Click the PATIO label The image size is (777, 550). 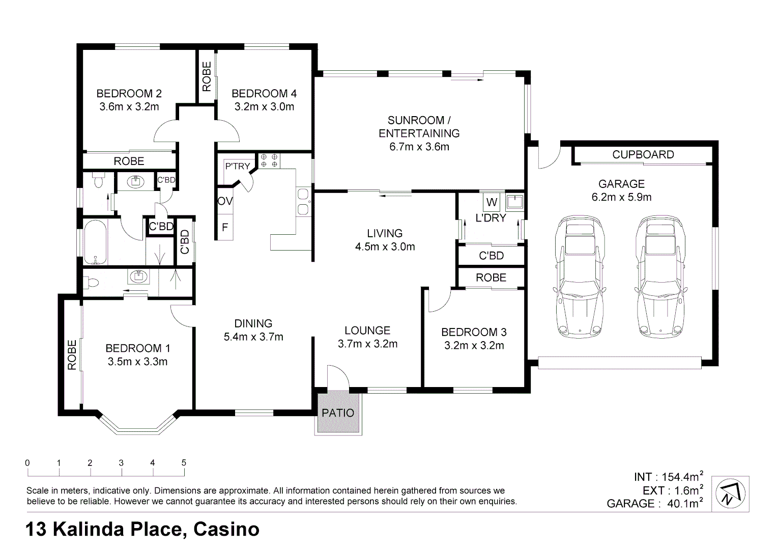[x=338, y=413]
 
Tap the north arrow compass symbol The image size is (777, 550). [x=730, y=493]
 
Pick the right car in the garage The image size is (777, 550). [x=660, y=277]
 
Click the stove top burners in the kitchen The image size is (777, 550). [x=269, y=160]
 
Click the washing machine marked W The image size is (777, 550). [x=492, y=202]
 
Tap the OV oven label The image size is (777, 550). [x=225, y=201]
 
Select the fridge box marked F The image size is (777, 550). [x=225, y=228]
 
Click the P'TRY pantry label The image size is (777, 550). [x=238, y=167]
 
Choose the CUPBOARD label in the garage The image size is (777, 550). [x=643, y=154]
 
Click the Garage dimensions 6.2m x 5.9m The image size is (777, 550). [x=621, y=197]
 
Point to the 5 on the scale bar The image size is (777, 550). [x=184, y=463]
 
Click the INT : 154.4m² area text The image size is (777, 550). [x=669, y=476]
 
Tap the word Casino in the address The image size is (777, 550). [x=226, y=529]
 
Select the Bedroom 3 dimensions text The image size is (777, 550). [x=474, y=345]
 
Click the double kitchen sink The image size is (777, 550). [x=303, y=201]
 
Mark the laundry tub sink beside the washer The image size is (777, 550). [x=514, y=202]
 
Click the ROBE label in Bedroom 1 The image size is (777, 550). [x=72, y=355]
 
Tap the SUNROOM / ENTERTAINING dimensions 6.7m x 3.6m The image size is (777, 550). [x=419, y=147]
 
